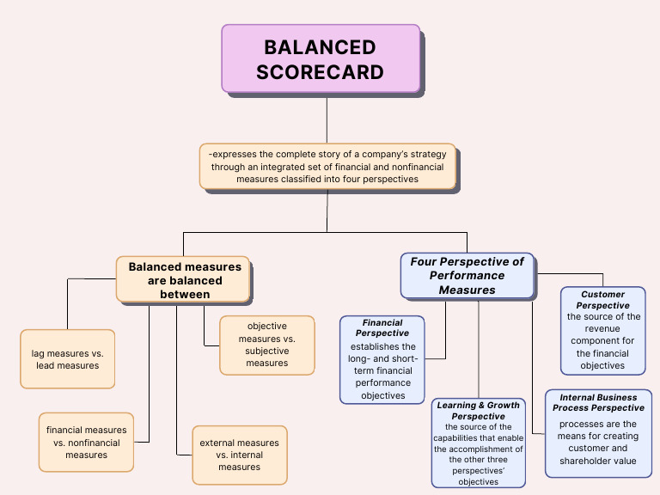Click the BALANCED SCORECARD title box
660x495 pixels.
coord(321,58)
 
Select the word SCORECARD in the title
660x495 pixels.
coord(320,72)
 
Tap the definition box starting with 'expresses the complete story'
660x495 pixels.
coord(327,166)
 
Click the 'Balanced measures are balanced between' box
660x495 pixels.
coord(184,280)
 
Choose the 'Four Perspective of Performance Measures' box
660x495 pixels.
coord(467,276)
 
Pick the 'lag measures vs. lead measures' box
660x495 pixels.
coord(67,359)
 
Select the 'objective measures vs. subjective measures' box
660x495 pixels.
coord(266,345)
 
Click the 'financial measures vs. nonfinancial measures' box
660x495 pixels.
coord(86,443)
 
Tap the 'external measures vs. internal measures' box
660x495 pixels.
coord(239,455)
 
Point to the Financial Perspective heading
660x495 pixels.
coord(382,327)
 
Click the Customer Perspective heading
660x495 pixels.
coord(602,299)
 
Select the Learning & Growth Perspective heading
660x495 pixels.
coord(479,410)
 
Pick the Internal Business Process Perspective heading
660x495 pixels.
coord(598,402)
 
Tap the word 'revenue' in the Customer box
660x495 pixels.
coord(602,328)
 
